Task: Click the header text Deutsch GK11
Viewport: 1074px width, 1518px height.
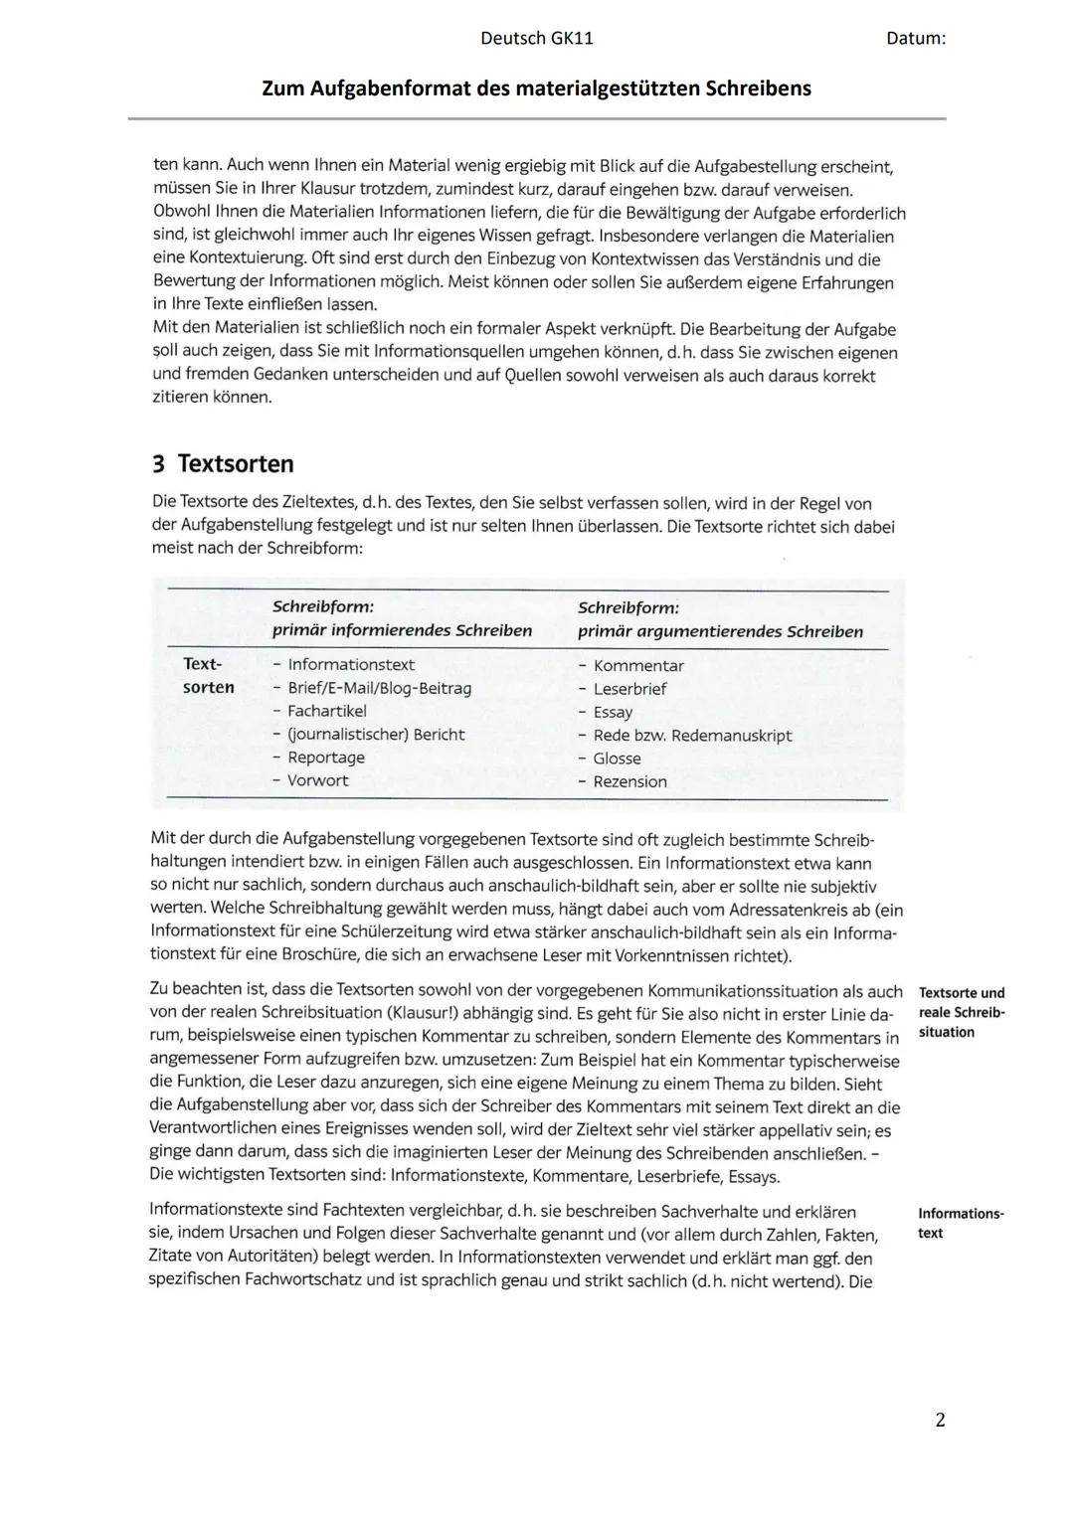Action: (536, 39)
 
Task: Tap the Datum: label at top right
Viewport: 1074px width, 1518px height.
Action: (915, 39)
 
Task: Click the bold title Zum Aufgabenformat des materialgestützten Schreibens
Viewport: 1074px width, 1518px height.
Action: (536, 88)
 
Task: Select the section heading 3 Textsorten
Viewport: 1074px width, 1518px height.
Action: (223, 464)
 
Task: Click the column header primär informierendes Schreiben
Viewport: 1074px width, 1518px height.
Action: (402, 630)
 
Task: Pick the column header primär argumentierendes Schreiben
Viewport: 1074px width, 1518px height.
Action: (720, 631)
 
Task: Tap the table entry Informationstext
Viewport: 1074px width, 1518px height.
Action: (351, 665)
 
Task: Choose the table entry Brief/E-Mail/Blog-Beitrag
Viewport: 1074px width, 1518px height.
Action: (379, 688)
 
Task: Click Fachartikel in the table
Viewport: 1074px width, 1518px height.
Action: (326, 711)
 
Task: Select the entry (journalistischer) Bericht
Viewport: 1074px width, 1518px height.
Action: (376, 735)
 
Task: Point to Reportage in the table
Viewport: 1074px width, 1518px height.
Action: (325, 758)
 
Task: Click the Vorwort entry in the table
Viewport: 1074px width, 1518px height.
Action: (317, 780)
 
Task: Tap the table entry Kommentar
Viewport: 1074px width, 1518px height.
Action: (638, 666)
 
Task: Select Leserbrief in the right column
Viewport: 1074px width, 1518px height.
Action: (629, 689)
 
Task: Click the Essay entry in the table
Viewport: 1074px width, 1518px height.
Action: (613, 712)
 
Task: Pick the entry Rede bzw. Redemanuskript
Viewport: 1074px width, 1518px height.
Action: (692, 736)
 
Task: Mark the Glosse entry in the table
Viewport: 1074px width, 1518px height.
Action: (617, 759)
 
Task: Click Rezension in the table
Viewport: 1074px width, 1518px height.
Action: (629, 781)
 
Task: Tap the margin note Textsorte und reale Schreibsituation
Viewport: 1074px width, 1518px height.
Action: (961, 1012)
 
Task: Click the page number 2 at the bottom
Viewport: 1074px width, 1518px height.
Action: (940, 1420)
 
